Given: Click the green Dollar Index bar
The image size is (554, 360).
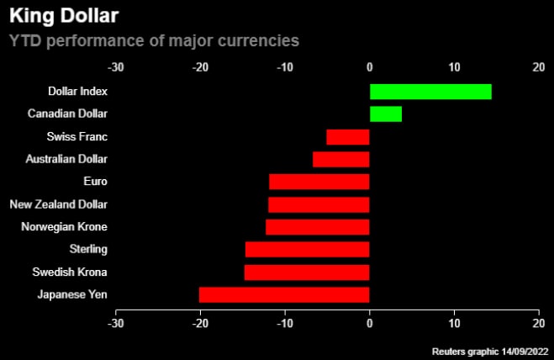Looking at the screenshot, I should click(x=430, y=92).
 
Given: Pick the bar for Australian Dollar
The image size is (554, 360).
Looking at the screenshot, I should click(x=341, y=159).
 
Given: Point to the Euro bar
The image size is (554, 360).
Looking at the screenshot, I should click(x=319, y=182).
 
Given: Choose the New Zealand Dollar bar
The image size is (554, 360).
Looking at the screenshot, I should click(x=319, y=204).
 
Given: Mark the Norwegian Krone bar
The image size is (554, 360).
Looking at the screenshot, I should click(x=318, y=227).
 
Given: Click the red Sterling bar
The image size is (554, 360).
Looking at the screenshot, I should click(x=308, y=250).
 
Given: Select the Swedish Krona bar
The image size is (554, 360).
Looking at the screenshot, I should click(x=307, y=273).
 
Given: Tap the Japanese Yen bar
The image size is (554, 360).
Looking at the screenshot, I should click(x=284, y=294).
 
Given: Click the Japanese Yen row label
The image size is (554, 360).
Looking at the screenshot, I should click(x=72, y=294).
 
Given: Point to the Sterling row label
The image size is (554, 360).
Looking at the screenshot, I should click(x=88, y=250).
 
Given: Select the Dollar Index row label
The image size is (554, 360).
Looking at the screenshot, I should click(x=77, y=92).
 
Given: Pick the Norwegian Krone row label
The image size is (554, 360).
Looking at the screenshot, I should click(x=64, y=227).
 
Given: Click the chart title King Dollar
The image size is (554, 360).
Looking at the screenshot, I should click(x=63, y=16).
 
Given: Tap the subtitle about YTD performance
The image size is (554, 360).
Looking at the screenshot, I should click(x=154, y=40).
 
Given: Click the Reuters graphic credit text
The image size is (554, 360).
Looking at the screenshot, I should click(x=490, y=350).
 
